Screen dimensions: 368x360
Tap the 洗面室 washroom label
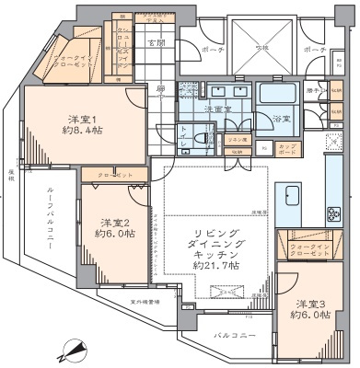point(219,109)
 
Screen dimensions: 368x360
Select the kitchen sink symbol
point(292,197)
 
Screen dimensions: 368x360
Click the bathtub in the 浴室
point(277,95)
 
